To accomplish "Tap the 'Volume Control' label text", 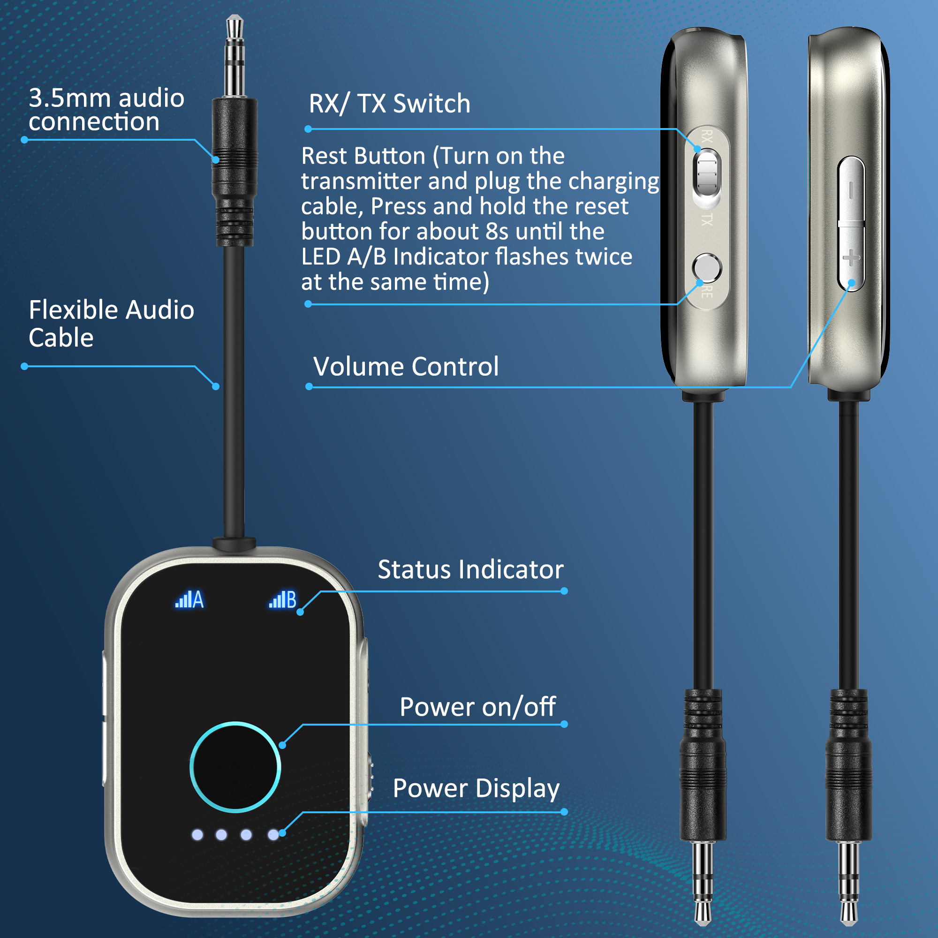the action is tap(406, 366).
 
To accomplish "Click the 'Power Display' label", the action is tap(476, 789).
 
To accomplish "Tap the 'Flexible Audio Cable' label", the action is tap(111, 323).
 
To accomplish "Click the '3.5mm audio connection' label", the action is tap(106, 110).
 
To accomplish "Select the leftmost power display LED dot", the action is tap(197, 835).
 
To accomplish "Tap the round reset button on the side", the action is tap(707, 267).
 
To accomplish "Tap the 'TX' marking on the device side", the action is tap(707, 219).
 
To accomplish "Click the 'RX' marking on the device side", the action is tap(707, 136).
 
